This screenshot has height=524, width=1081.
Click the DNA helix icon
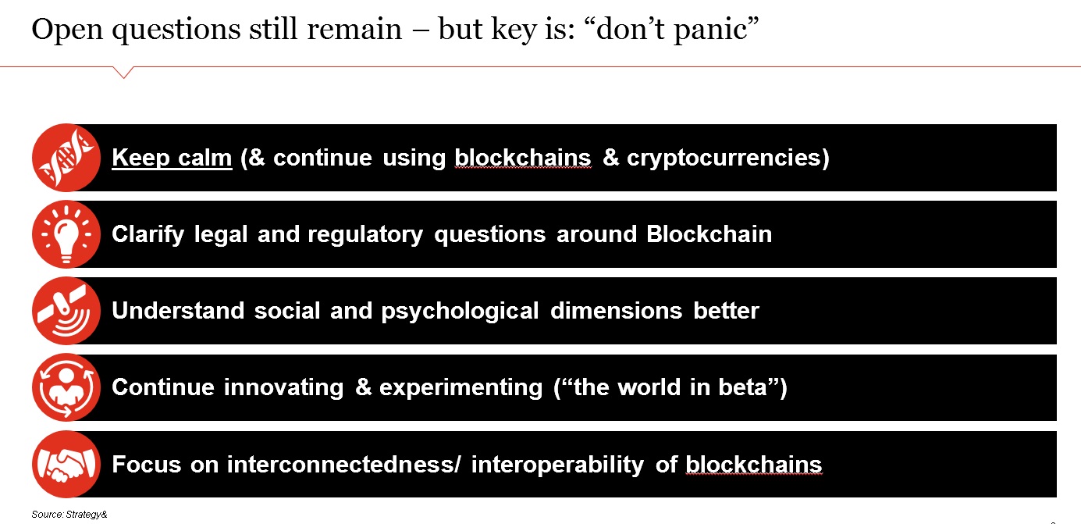pyautogui.click(x=66, y=158)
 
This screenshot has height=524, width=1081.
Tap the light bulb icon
pyautogui.click(x=66, y=234)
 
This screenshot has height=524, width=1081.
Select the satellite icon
pyautogui.click(x=66, y=311)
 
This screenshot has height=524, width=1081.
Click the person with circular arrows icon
pyautogui.click(x=66, y=387)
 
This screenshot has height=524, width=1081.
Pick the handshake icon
pyautogui.click(x=66, y=464)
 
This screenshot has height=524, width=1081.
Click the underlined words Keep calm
pyautogui.click(x=172, y=158)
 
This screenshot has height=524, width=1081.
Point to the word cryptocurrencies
pyautogui.click(x=723, y=158)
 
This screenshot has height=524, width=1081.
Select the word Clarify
pyautogui.click(x=148, y=235)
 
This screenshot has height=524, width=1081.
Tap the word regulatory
pyautogui.click(x=364, y=235)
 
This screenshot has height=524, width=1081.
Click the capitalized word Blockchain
pyautogui.click(x=709, y=234)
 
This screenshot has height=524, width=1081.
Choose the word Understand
pyautogui.click(x=178, y=311)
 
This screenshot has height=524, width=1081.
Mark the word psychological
pyautogui.click(x=460, y=312)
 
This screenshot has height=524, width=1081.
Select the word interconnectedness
pyautogui.click(x=341, y=465)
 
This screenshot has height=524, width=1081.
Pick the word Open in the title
pyautogui.click(x=67, y=30)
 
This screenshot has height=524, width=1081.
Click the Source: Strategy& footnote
pyautogui.click(x=69, y=515)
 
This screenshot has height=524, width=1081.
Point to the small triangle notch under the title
pyautogui.click(x=123, y=73)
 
